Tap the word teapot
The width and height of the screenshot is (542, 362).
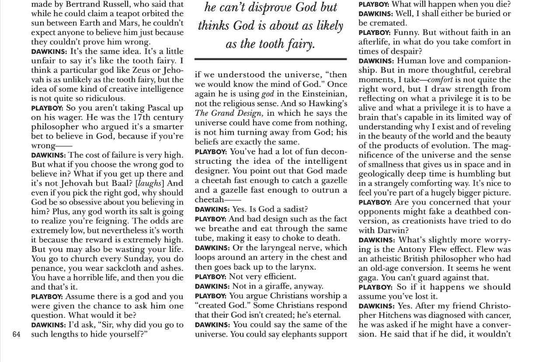[x=146, y=14]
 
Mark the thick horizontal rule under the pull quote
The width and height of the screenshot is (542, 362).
[x=271, y=59]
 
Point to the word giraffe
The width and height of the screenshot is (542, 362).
[x=284, y=286]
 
